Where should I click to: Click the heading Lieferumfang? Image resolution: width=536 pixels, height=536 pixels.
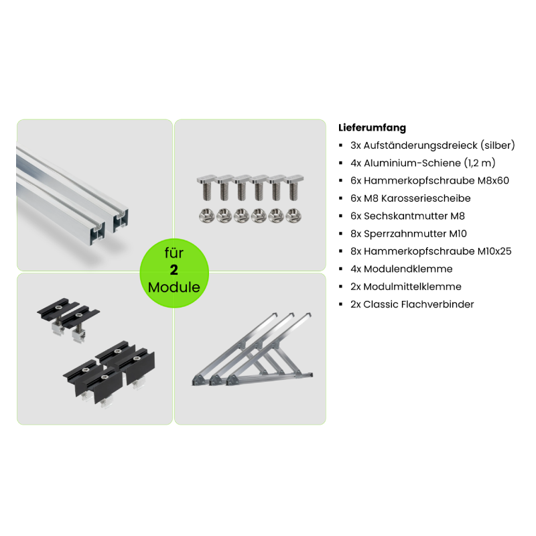[372, 128]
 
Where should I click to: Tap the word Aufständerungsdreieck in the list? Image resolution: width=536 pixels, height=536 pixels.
[420, 145]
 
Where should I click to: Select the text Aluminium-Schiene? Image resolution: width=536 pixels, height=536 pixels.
[412, 163]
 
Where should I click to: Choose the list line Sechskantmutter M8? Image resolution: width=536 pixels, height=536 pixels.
[407, 216]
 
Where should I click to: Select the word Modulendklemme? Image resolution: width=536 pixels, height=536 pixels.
[408, 269]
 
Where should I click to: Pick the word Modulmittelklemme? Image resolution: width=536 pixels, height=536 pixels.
[412, 287]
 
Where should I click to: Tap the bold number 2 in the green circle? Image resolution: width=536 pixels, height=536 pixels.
[174, 270]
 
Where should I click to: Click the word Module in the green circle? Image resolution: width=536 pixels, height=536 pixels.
[174, 287]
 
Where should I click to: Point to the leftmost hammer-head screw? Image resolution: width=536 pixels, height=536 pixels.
[206, 188]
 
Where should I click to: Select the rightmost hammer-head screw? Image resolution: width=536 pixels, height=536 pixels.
[294, 188]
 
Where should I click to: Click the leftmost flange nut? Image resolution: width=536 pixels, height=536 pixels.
[207, 216]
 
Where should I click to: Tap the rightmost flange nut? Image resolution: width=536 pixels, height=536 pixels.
[293, 216]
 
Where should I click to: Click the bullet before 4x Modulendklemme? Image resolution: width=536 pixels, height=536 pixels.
[340, 269]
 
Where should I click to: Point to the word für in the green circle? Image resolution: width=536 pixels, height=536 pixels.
[174, 253]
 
